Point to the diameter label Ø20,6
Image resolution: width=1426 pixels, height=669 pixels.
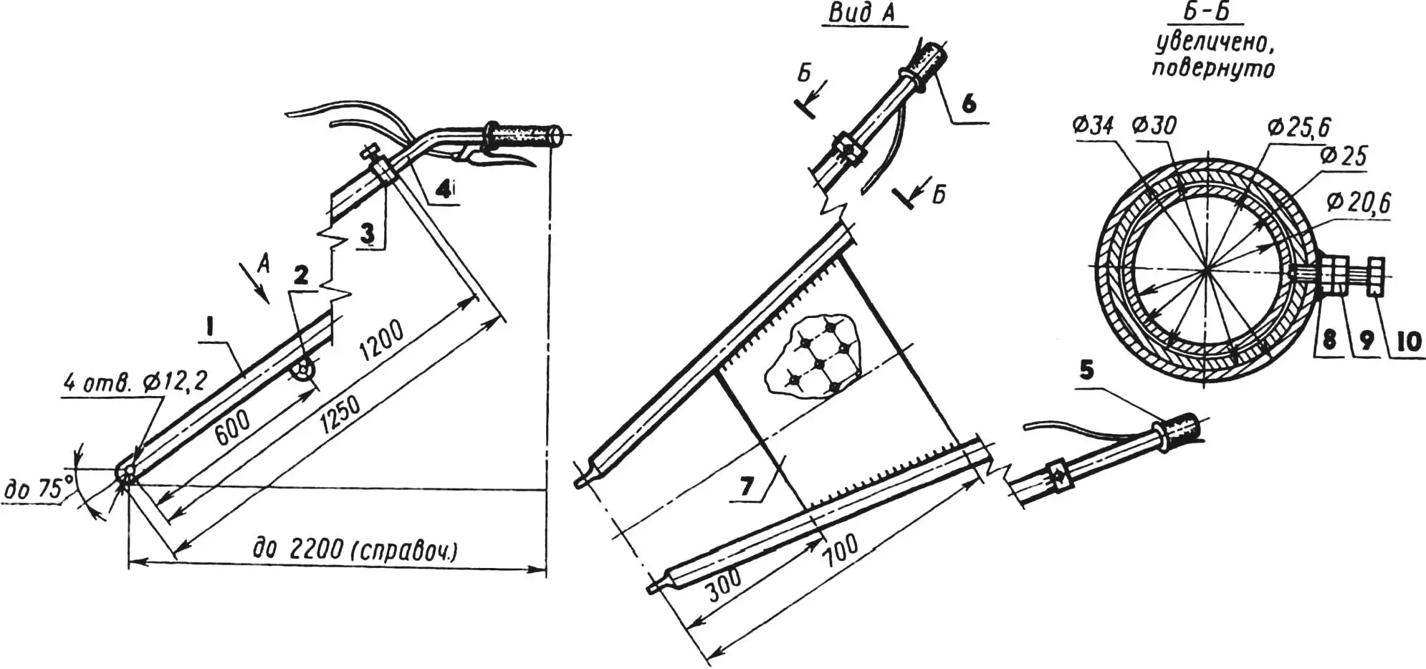tap(1357, 204)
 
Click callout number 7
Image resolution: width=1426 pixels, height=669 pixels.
tap(746, 486)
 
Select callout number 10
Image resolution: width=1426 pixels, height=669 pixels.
tap(1407, 341)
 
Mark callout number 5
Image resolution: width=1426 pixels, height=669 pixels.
tap(1087, 370)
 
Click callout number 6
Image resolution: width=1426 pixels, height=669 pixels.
tap(968, 104)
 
